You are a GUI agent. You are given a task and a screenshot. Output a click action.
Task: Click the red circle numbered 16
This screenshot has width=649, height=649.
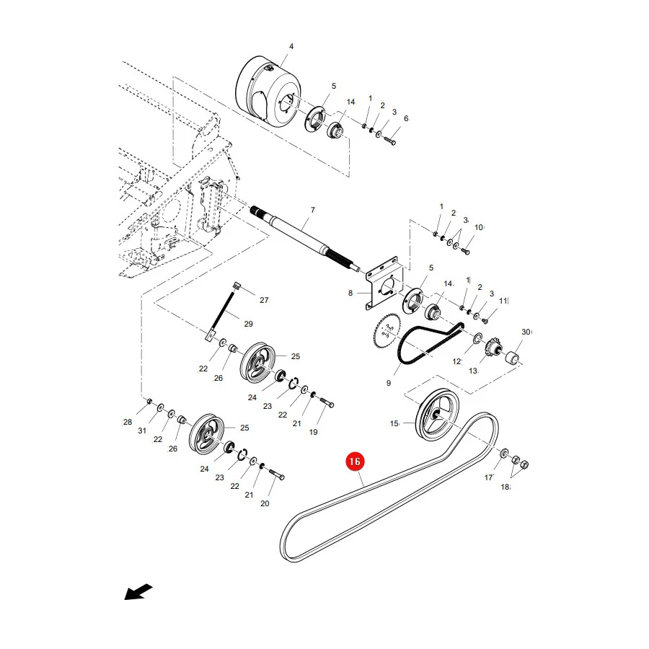[355, 462]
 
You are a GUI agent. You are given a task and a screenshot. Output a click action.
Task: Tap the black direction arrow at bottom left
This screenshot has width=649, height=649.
[138, 592]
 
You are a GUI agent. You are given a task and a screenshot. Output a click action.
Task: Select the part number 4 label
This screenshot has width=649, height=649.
[291, 46]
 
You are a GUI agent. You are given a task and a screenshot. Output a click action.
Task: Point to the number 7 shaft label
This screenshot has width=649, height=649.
[313, 211]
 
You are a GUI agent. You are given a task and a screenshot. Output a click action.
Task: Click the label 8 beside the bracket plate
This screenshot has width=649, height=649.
[350, 293]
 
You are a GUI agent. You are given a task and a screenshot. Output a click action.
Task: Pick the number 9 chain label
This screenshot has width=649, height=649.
[388, 384]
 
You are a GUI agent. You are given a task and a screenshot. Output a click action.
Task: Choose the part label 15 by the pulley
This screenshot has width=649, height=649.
[394, 423]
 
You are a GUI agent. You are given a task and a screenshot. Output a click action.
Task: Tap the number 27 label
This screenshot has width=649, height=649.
[264, 300]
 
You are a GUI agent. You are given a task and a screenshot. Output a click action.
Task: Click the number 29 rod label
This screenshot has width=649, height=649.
[248, 324]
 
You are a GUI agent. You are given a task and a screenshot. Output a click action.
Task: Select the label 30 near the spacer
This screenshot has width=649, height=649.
[526, 332]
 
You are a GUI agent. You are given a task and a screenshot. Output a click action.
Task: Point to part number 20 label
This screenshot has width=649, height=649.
[265, 503]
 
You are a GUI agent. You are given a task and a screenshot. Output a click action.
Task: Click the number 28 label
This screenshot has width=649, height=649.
[128, 422]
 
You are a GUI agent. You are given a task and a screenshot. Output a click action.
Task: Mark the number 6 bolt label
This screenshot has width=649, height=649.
[406, 119]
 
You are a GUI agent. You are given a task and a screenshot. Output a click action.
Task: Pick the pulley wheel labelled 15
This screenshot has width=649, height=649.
[437, 415]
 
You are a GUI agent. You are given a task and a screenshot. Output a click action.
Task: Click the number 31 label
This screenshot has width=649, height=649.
[142, 431]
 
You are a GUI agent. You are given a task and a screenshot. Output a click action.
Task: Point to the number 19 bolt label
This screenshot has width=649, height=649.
[314, 432]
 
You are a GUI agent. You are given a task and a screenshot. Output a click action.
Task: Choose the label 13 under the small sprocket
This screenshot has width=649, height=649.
[473, 371]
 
